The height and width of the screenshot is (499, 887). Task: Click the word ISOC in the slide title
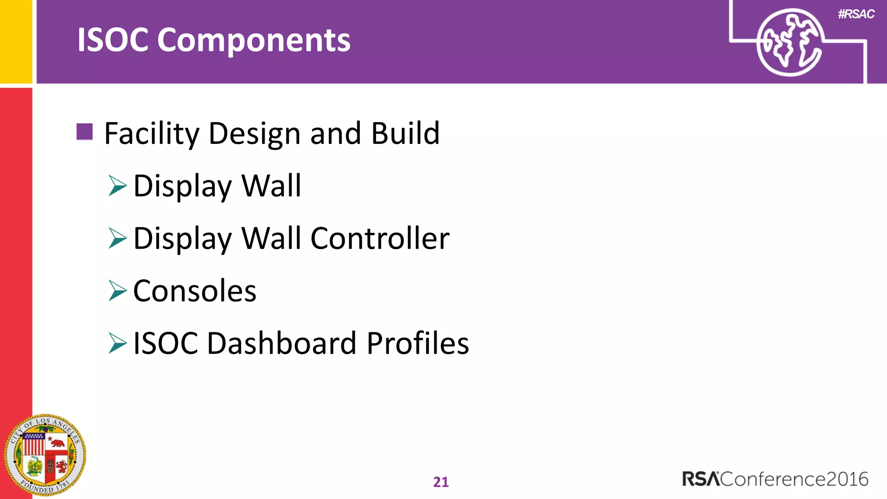coord(113,40)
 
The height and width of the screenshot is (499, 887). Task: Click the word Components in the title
coord(253,40)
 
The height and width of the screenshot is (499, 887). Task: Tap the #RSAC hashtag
coord(856,14)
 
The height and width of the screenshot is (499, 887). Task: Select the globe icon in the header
coord(789,42)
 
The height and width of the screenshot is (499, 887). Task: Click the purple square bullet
coord(84,132)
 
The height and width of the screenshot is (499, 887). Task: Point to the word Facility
coord(152,133)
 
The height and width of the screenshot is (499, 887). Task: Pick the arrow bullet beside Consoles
coord(117,291)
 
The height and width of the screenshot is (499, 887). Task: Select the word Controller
coord(380,238)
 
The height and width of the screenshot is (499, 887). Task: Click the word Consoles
coord(194,291)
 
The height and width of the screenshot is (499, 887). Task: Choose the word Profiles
coord(418,343)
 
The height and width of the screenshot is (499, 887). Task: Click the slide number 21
coord(441,482)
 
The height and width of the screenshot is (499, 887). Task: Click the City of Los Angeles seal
coord(45,455)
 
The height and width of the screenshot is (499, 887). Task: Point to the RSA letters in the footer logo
coord(701,479)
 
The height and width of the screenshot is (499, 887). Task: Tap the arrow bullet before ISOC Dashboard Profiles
coord(117,343)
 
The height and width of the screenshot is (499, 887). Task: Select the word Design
coord(254,133)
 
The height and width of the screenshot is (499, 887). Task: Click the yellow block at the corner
coord(16,41)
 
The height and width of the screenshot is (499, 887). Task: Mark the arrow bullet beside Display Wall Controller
coord(117,238)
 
